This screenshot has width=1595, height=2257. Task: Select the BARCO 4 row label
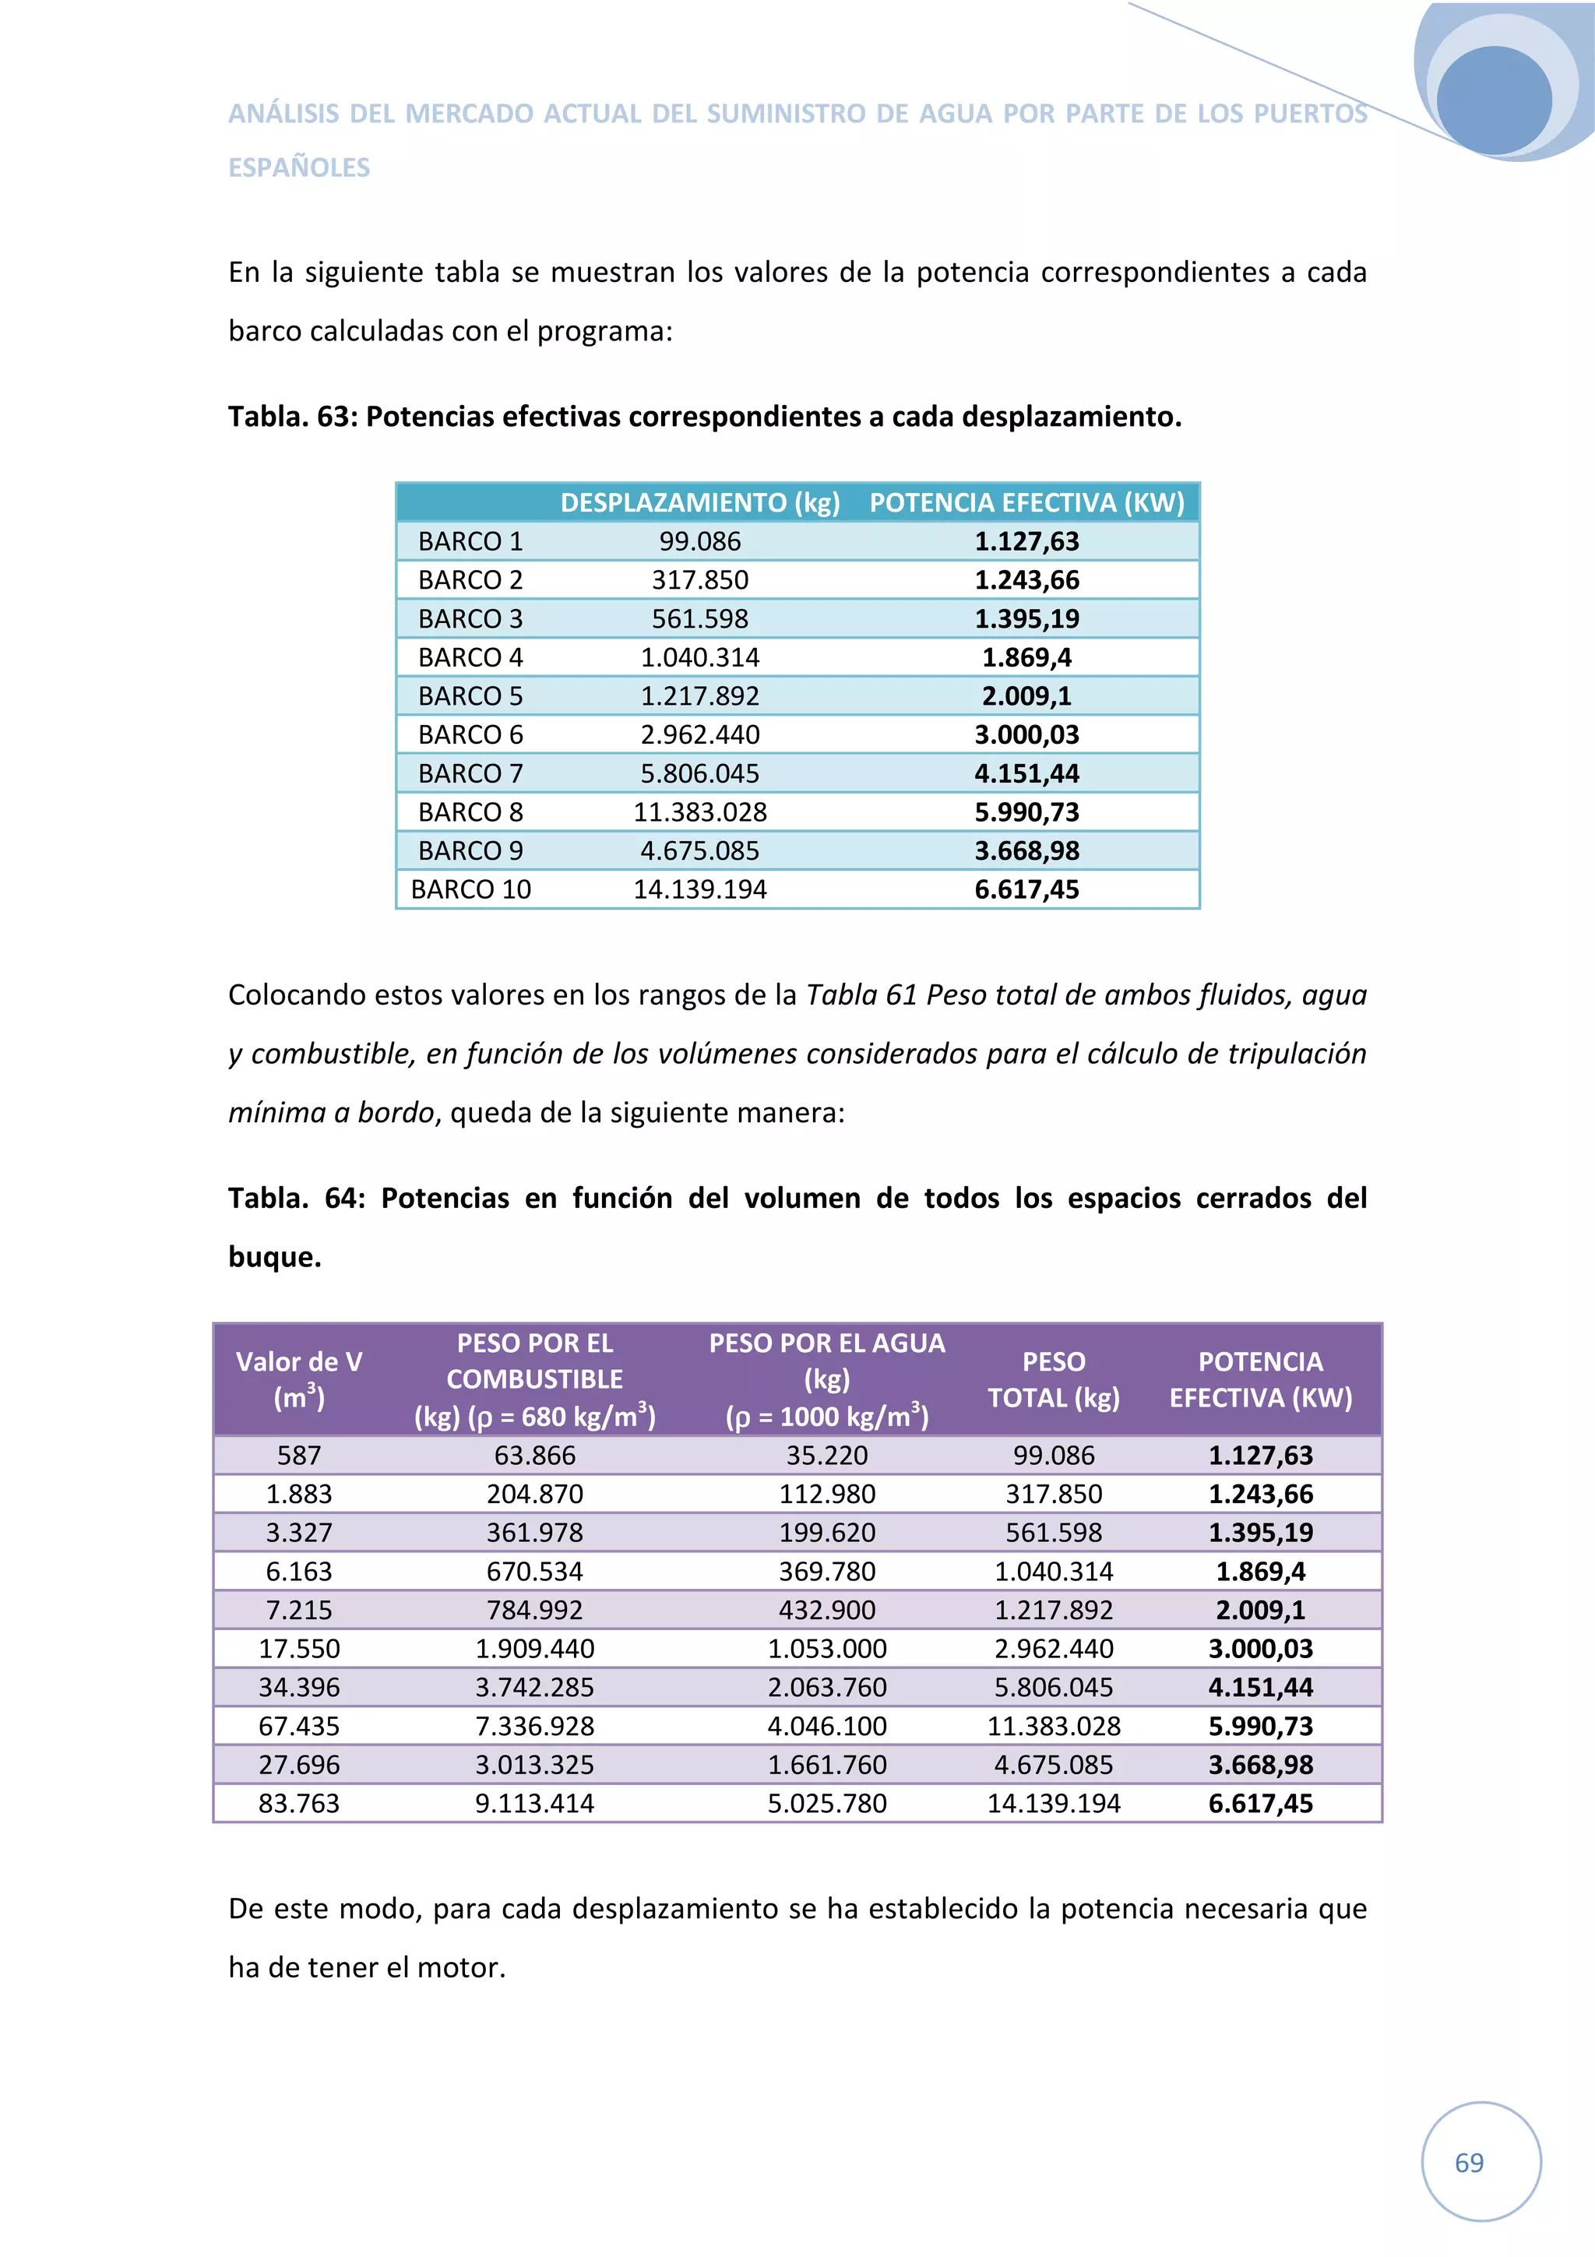pyautogui.click(x=470, y=657)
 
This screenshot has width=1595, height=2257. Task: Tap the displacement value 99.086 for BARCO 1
pyautogui.click(x=699, y=540)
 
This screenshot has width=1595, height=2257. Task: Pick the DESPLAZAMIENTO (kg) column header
pyautogui.click(x=699, y=502)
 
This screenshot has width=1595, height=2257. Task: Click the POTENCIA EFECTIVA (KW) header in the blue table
pyautogui.click(x=1027, y=502)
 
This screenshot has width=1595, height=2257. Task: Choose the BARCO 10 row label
pyautogui.click(x=470, y=889)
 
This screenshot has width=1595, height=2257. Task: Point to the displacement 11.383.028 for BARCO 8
pyautogui.click(x=699, y=812)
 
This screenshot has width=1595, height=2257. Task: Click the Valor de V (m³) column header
pyautogui.click(x=299, y=1379)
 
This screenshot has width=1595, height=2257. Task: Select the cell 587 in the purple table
pyautogui.click(x=299, y=1455)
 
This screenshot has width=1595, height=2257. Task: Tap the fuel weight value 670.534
pyautogui.click(x=534, y=1571)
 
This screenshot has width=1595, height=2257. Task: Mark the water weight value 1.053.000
pyautogui.click(x=826, y=1649)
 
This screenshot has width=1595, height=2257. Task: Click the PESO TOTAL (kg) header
pyautogui.click(x=1054, y=1379)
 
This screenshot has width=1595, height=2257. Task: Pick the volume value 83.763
pyautogui.click(x=299, y=1803)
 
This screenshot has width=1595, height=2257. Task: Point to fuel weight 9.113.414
pyautogui.click(x=534, y=1803)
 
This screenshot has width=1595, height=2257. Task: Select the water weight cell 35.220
pyautogui.click(x=826, y=1455)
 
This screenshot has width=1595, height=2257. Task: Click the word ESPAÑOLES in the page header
pyautogui.click(x=299, y=167)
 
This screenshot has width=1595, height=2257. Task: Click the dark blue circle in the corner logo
pyautogui.click(x=1493, y=100)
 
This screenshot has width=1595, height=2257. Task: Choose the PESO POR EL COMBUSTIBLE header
pyautogui.click(x=534, y=1361)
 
